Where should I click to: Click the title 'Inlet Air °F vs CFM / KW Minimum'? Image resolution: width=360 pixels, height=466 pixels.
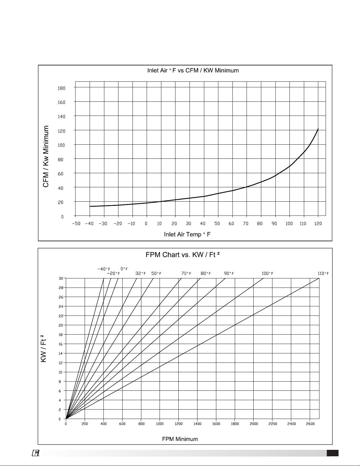point(193,71)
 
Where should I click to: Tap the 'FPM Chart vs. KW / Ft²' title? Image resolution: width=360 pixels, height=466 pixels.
point(182,255)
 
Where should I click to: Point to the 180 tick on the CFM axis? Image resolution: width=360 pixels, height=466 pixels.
point(61,88)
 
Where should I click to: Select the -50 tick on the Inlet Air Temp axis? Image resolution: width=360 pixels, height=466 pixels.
point(76,224)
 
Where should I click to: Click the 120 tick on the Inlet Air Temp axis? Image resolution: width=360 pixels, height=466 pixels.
point(318,224)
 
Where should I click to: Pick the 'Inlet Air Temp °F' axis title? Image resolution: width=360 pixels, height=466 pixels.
point(187,234)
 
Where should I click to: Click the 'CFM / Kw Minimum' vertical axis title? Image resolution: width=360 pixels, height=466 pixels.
point(46,156)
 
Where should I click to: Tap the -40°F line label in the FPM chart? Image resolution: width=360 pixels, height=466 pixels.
point(104,269)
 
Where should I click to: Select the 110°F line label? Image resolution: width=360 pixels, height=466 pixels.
point(323,273)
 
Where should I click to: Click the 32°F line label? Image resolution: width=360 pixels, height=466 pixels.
point(140,273)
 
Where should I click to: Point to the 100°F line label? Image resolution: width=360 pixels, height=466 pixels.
point(267,273)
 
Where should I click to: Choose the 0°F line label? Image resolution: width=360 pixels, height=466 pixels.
point(124,269)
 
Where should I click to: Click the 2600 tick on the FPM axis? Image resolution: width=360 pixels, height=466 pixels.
point(310,424)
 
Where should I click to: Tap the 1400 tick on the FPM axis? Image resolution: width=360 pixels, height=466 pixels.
point(197,424)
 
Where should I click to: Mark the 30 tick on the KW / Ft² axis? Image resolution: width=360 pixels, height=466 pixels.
point(61,278)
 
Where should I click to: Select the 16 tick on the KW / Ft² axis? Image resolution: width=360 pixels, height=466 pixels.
point(61,344)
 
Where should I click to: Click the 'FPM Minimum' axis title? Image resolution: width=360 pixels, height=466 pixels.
point(180,439)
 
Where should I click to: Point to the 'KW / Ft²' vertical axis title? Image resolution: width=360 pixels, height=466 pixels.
point(43,348)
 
